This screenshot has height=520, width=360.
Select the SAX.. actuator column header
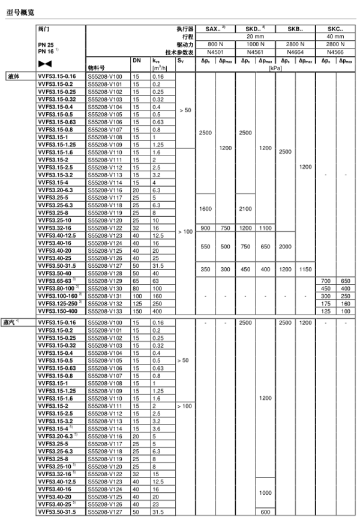tap(215, 29)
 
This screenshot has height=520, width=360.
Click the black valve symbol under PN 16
tap(44, 62)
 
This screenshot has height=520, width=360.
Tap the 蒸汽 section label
tap(16, 322)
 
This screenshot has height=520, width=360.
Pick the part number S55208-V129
tap(104, 280)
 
